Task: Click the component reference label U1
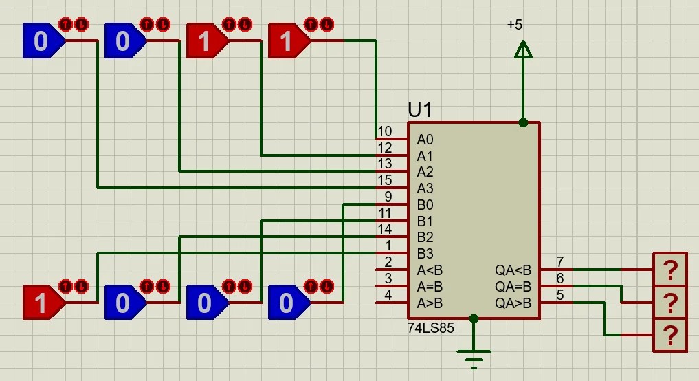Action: [x=421, y=110]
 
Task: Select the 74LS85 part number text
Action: [x=431, y=329]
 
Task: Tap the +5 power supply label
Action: [x=514, y=25]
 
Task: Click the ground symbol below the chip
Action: [x=474, y=357]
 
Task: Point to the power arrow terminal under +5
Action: [x=523, y=50]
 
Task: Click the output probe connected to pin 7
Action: [x=669, y=269]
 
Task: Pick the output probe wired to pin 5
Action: [x=669, y=335]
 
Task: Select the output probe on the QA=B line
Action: [x=669, y=302]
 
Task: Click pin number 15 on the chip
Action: [x=385, y=180]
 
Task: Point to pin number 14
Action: [x=385, y=229]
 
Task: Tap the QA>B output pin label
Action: [x=513, y=303]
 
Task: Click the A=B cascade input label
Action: [x=429, y=287]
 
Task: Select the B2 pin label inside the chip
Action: [x=425, y=237]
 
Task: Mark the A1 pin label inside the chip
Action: [x=425, y=156]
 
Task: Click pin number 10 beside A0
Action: [x=385, y=131]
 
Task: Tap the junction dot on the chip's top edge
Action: [x=523, y=123]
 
